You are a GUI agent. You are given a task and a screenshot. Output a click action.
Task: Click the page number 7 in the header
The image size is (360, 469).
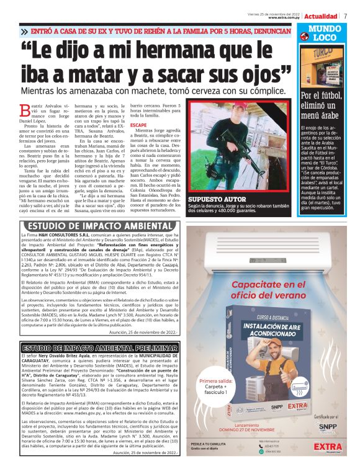point(345,16)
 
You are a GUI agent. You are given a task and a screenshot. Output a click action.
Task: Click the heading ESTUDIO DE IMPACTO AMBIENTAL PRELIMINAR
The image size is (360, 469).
point(97,347)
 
